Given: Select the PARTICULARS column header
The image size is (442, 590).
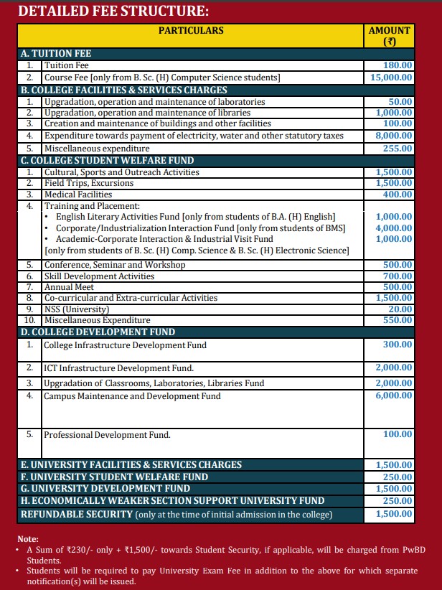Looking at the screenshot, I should click(191, 31).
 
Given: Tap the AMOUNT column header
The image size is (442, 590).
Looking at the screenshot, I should click(390, 36).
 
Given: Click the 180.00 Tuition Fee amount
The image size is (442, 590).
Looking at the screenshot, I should click(398, 65).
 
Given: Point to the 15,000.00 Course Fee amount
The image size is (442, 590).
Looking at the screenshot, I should click(392, 78).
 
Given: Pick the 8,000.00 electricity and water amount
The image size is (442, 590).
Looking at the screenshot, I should click(395, 136).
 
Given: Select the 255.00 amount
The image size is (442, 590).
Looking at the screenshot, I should click(398, 149).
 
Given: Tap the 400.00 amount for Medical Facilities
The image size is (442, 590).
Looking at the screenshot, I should click(398, 195).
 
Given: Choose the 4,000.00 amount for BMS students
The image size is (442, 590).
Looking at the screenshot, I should click(394, 228).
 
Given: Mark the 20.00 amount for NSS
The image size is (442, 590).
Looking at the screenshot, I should click(400, 309).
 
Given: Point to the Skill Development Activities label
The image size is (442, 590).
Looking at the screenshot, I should click(99, 276).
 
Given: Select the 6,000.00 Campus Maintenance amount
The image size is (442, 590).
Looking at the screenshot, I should click(394, 395).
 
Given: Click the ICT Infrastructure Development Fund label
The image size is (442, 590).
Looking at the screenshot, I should click(119, 368).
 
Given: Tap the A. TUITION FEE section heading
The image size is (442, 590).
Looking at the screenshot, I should click(56, 54).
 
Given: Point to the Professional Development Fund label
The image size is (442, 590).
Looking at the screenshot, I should click(108, 435).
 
